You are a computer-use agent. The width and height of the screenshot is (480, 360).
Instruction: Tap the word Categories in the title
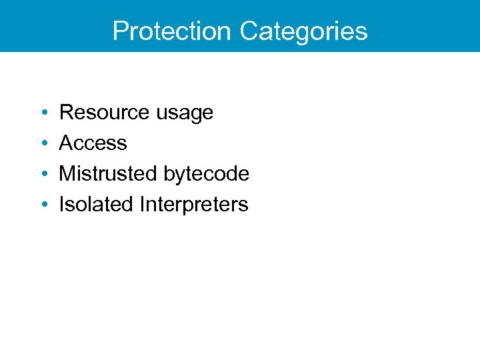(303, 31)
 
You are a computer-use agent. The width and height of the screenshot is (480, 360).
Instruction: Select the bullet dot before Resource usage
(43, 113)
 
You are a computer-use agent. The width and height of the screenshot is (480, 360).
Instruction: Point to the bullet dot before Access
(43, 143)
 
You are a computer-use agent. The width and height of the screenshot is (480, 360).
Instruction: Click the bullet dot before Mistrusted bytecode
(43, 174)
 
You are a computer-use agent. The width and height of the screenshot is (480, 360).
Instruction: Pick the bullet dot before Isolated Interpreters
(43, 205)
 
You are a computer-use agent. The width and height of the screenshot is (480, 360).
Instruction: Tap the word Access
(93, 143)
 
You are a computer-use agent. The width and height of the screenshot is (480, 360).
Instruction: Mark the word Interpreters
(194, 205)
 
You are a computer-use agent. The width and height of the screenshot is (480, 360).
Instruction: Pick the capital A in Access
(67, 143)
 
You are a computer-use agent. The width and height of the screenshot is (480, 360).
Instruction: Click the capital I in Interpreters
(143, 205)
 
